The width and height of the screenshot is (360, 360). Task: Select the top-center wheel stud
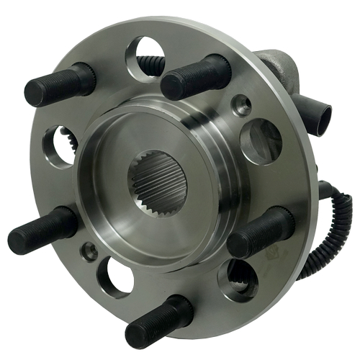tap(194, 77)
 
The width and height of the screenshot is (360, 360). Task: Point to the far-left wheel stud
tap(43, 230)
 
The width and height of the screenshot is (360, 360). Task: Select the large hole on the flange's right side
tap(260, 140)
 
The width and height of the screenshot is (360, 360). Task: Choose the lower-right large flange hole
tap(241, 278)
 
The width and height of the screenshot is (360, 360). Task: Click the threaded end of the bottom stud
tap(140, 331)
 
